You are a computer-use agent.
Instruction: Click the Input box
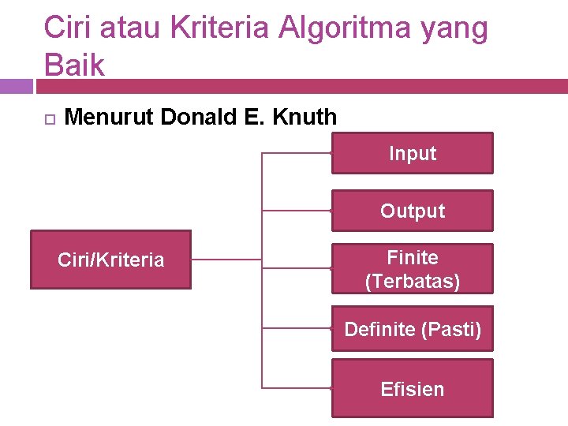tap(412, 153)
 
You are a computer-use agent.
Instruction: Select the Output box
tap(412, 211)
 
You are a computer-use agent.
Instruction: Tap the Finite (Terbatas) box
tap(412, 269)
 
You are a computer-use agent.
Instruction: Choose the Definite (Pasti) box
tap(412, 329)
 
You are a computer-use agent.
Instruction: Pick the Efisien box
tap(412, 389)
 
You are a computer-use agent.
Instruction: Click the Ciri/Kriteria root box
tap(110, 260)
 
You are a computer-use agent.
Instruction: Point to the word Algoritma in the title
tap(343, 28)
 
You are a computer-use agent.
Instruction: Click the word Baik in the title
tap(74, 65)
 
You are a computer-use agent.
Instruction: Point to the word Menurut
tap(109, 118)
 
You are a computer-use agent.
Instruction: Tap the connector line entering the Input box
tap(296, 151)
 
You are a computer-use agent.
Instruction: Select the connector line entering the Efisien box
tap(296, 387)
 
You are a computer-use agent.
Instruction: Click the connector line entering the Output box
tap(296, 211)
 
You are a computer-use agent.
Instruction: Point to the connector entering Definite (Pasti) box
tap(296, 327)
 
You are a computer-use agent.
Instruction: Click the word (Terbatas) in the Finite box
tap(412, 281)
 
